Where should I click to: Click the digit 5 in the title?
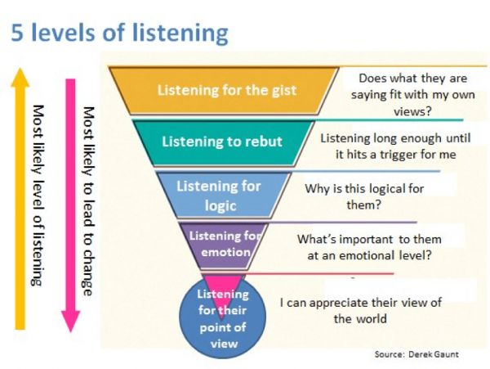(17, 32)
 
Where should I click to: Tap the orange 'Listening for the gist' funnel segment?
(224, 91)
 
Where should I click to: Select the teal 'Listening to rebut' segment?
(222, 142)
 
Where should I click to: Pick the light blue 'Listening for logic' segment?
(222, 195)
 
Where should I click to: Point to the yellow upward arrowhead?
(20, 77)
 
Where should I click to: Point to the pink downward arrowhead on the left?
(70, 322)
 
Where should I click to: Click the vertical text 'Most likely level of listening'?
(38, 196)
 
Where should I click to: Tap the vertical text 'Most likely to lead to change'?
(88, 201)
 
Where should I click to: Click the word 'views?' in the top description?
(412, 111)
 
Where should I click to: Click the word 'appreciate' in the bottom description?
(340, 303)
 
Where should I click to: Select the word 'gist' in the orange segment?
(283, 91)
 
